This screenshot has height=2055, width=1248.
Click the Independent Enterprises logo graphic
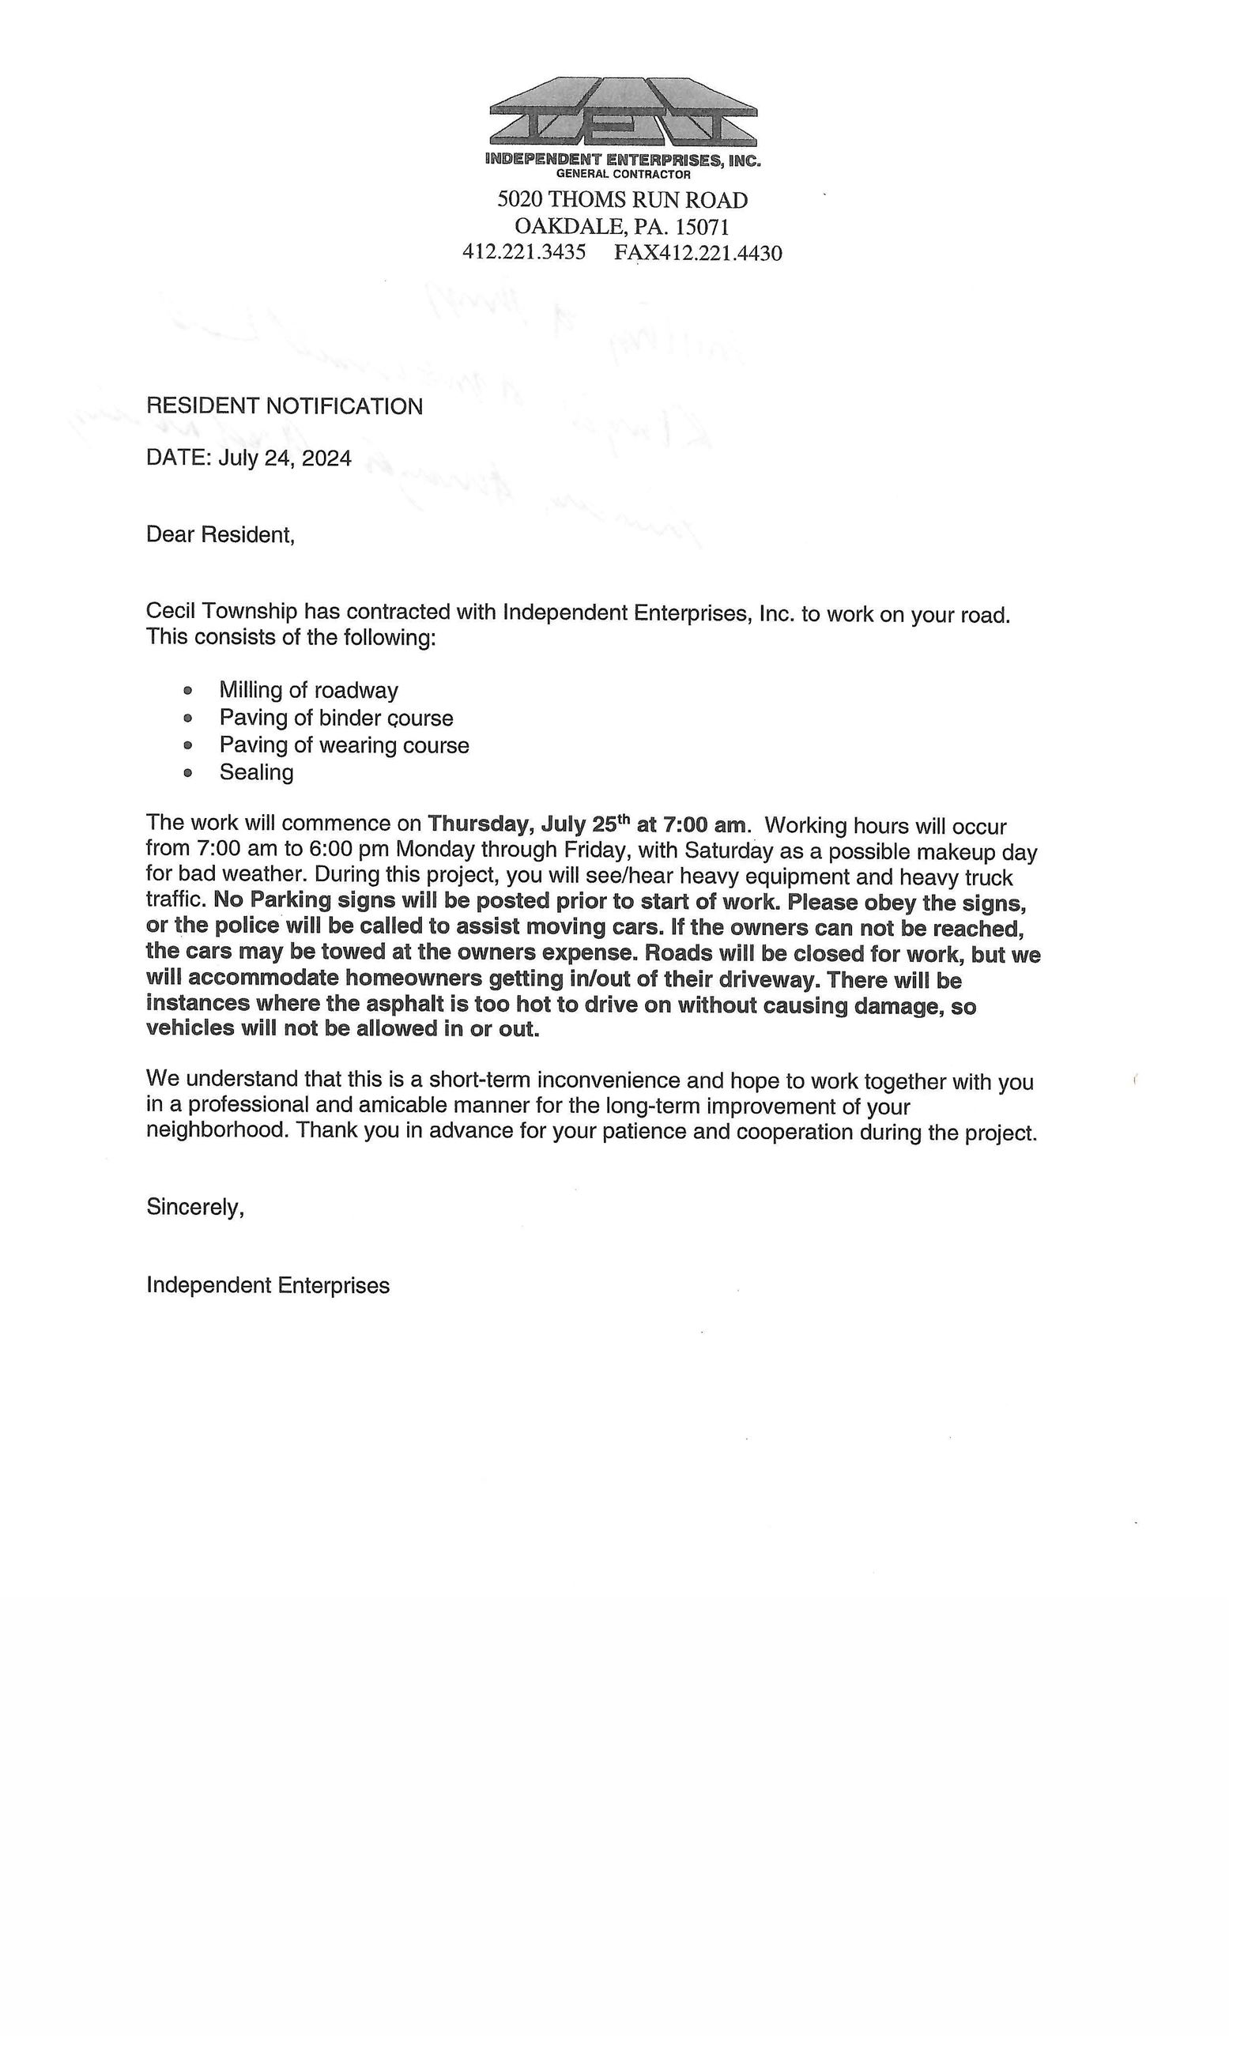(x=622, y=114)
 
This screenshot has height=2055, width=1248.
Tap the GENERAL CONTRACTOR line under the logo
(x=622, y=175)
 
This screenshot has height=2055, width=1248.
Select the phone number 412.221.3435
(x=524, y=252)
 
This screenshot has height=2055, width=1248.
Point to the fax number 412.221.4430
(x=720, y=253)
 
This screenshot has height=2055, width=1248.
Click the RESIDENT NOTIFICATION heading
(x=284, y=406)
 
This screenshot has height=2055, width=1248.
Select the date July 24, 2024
(x=285, y=458)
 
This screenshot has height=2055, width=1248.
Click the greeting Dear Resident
(x=221, y=534)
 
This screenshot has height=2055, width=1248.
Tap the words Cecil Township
(x=221, y=610)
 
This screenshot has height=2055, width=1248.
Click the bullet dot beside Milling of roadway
(x=187, y=690)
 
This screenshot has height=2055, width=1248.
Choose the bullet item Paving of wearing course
(x=344, y=745)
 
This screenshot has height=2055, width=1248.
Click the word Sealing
(x=256, y=772)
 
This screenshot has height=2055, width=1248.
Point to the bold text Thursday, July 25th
(x=527, y=824)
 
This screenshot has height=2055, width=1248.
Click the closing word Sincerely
(x=195, y=1207)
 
